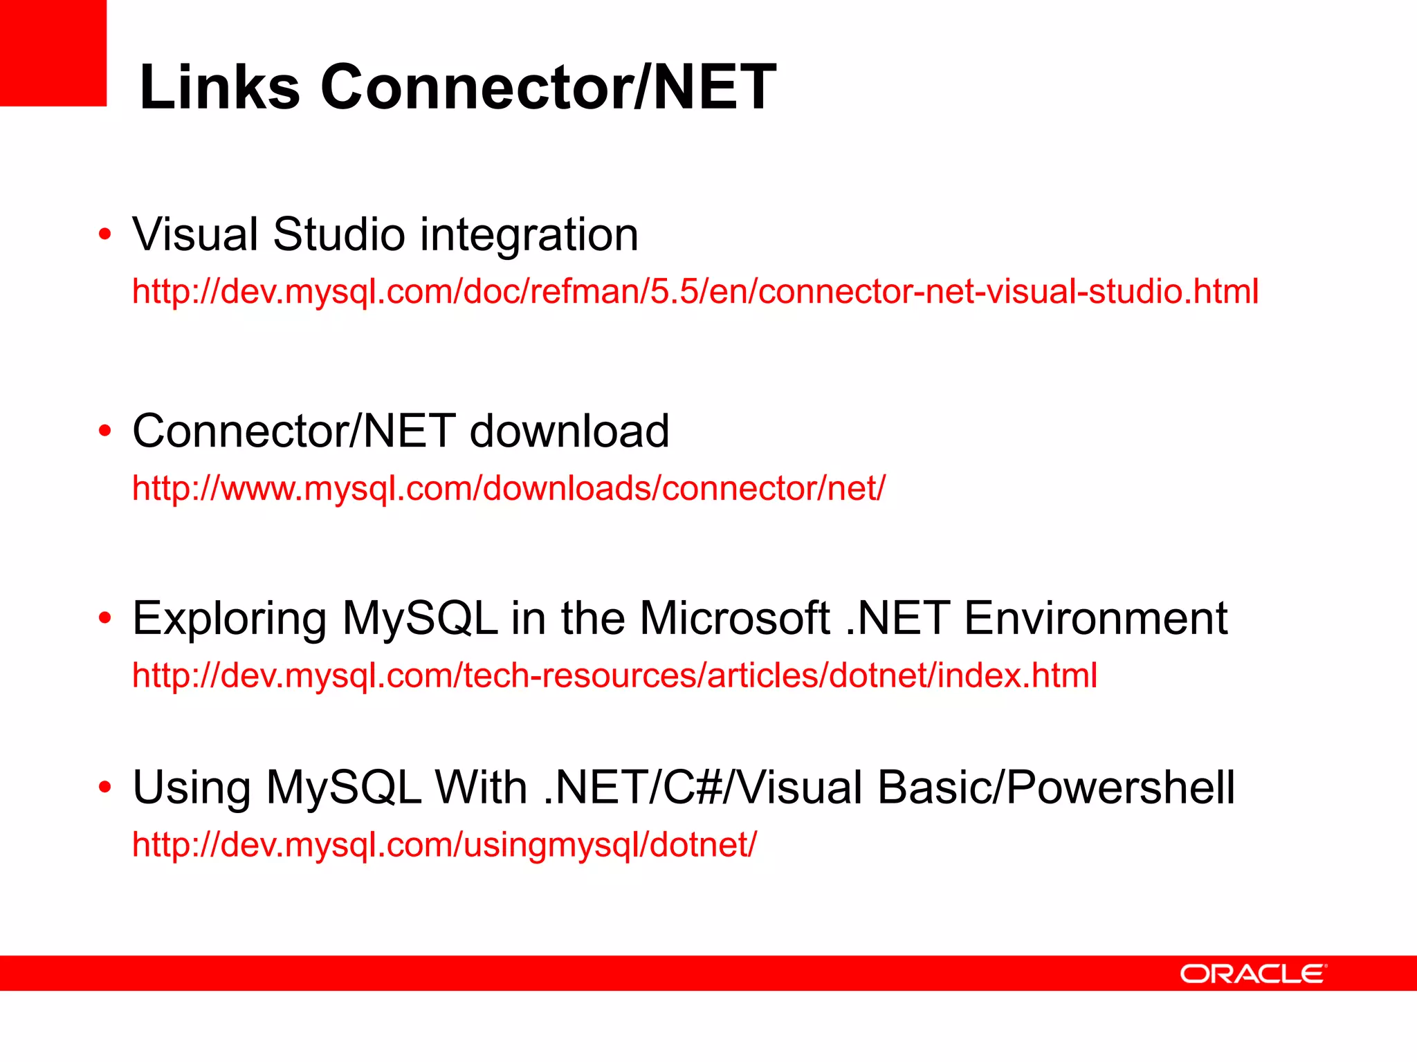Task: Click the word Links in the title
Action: pyautogui.click(x=219, y=87)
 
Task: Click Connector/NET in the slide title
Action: pyautogui.click(x=548, y=87)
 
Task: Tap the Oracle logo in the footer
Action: pyautogui.click(x=1253, y=973)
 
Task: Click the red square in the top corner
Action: pyautogui.click(x=53, y=53)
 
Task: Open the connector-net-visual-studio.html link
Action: pyautogui.click(x=695, y=292)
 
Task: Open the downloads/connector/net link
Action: pyautogui.click(x=509, y=488)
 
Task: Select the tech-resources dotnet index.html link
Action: pyautogui.click(x=614, y=676)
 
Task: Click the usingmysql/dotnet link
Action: pyautogui.click(x=444, y=845)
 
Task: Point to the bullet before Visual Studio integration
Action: pyautogui.click(x=104, y=234)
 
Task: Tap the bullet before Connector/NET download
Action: pyautogui.click(x=104, y=431)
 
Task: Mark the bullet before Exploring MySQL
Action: pyautogui.click(x=104, y=617)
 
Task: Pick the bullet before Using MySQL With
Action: pyautogui.click(x=104, y=787)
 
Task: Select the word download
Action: pyautogui.click(x=569, y=431)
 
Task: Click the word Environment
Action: pyautogui.click(x=1095, y=617)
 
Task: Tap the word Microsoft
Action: pyautogui.click(x=734, y=617)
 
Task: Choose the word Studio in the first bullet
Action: pyautogui.click(x=339, y=234)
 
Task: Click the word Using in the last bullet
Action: pyautogui.click(x=192, y=788)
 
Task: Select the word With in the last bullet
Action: pyautogui.click(x=480, y=787)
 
